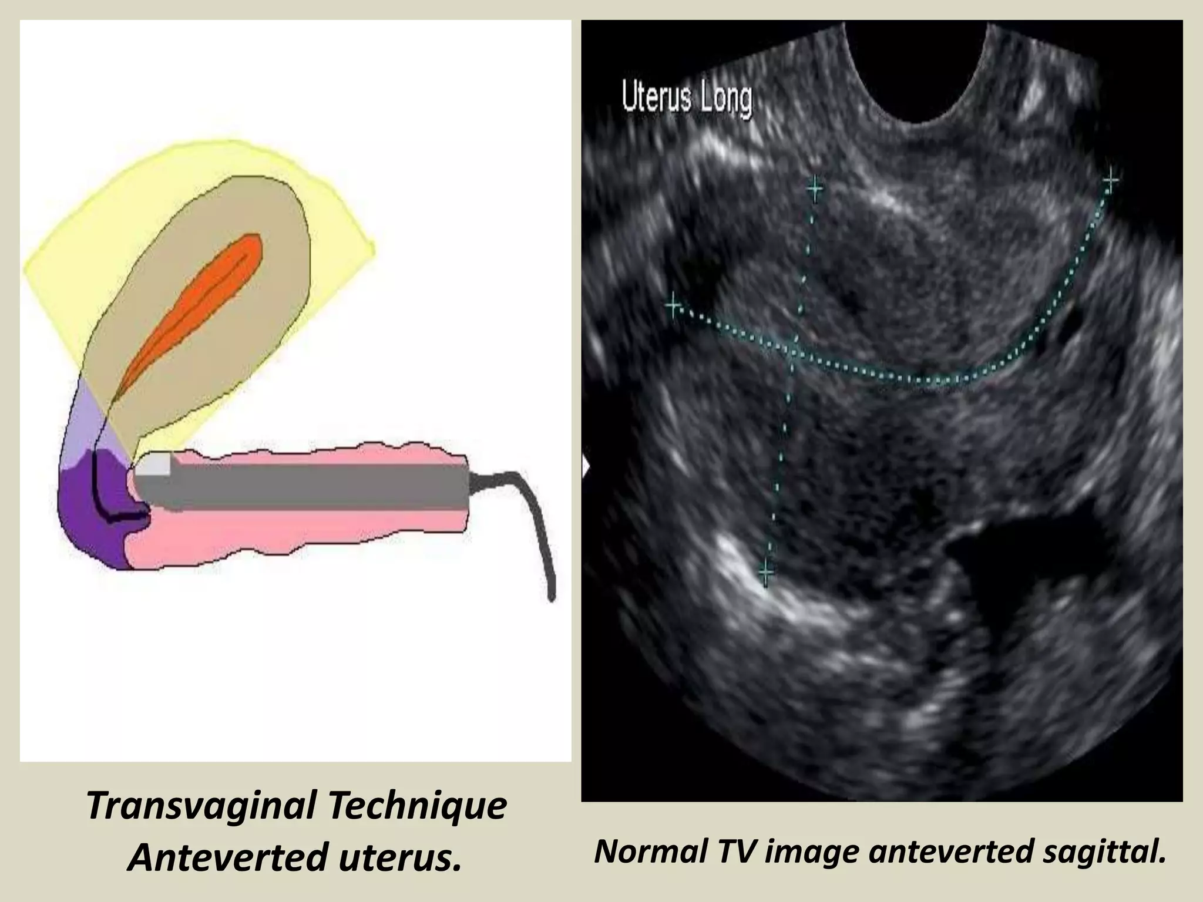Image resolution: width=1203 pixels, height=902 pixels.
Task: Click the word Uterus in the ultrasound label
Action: (x=656, y=99)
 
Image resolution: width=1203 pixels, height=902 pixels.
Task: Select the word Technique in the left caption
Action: (x=418, y=806)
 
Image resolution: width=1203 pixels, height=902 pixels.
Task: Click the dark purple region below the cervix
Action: (x=88, y=517)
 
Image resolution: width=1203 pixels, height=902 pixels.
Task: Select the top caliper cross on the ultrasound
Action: (x=815, y=189)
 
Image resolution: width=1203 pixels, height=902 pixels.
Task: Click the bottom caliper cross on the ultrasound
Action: (x=766, y=571)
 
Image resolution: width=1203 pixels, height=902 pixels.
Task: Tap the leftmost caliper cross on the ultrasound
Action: (x=673, y=305)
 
